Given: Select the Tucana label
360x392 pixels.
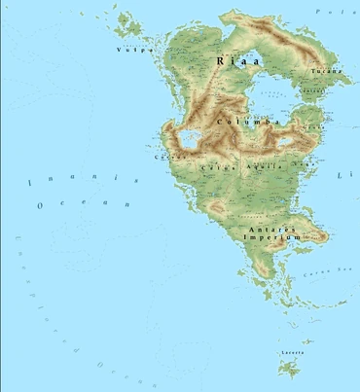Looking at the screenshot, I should pos(324,72).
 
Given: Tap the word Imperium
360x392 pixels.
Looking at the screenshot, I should pos(267,237).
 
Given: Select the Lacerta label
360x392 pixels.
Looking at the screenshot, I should pos(289,351).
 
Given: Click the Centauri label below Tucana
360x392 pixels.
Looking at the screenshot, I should pos(313,91).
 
